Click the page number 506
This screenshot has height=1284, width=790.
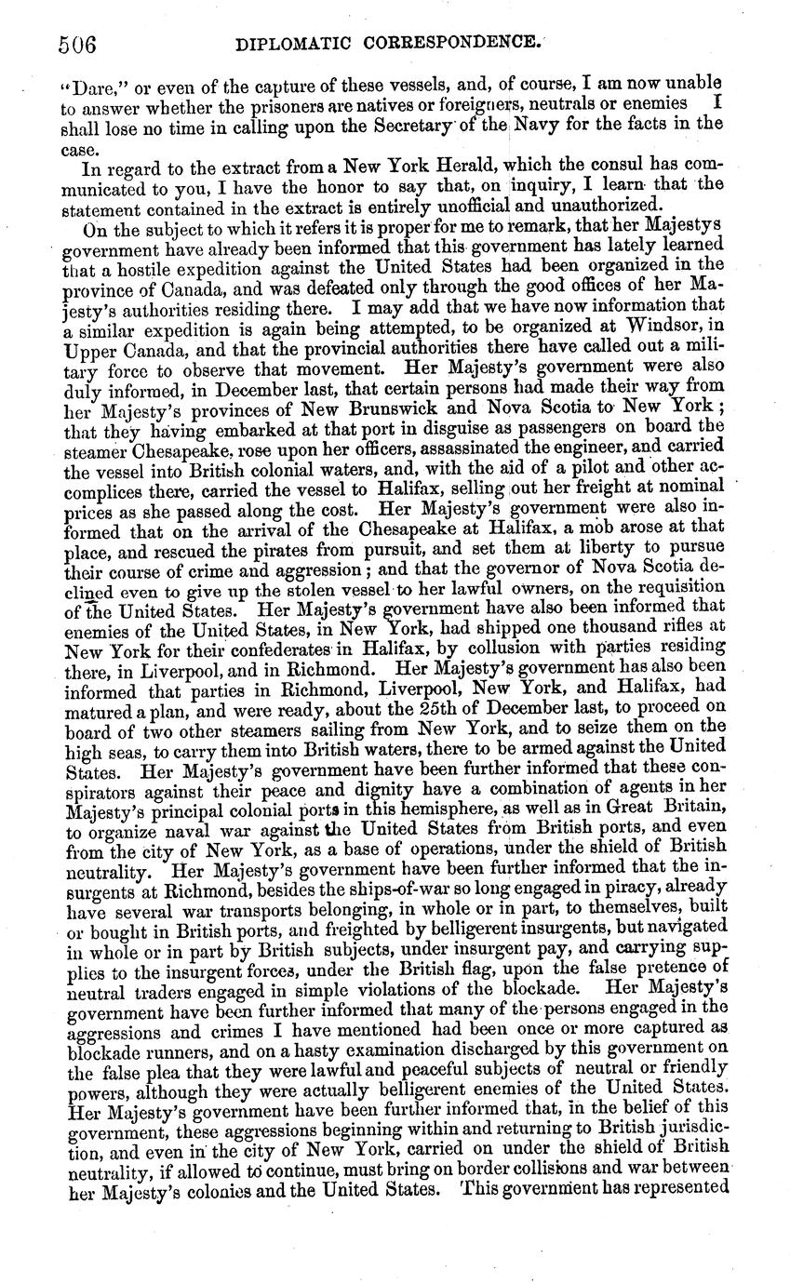[77, 43]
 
